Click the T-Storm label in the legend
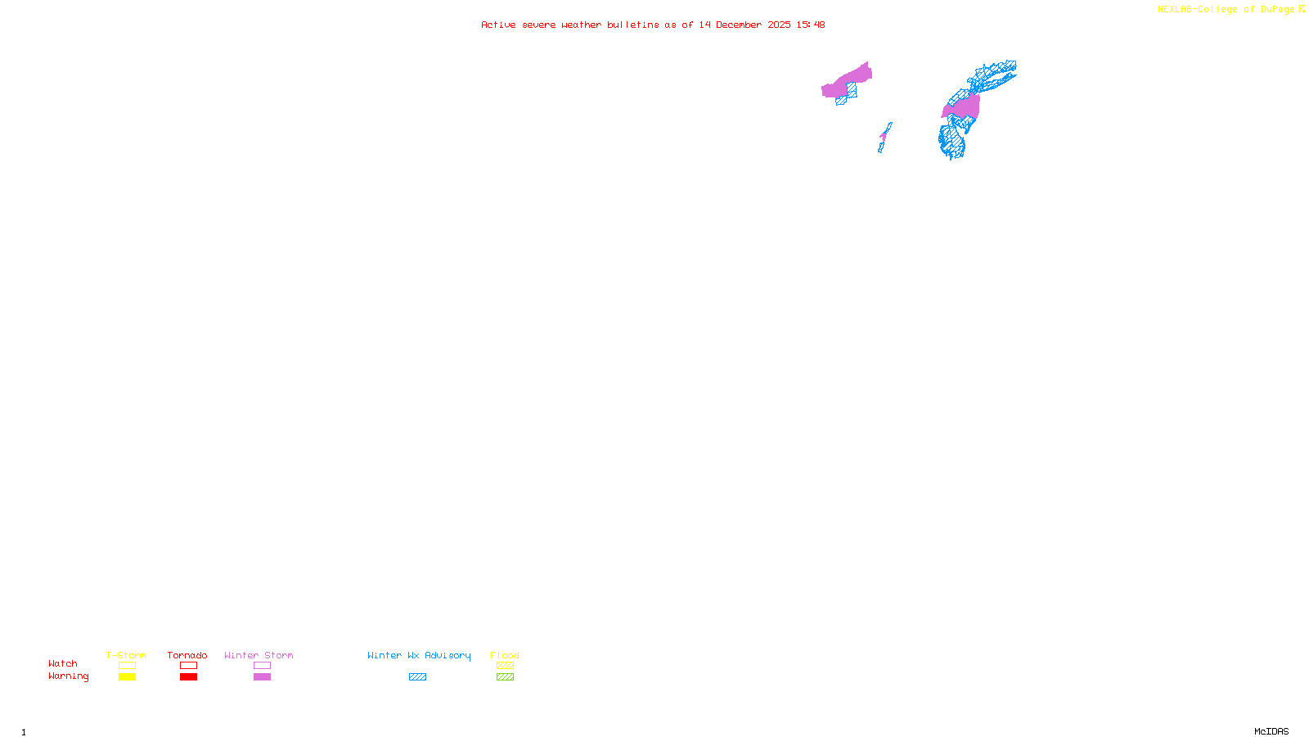coord(126,655)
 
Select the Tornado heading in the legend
coord(187,655)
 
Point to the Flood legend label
coord(505,655)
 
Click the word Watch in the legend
coord(63,663)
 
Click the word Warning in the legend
coord(69,676)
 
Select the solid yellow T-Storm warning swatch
coord(127,677)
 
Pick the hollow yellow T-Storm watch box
coord(127,666)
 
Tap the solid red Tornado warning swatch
coord(189,677)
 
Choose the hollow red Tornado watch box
coord(189,666)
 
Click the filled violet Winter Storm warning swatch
coord(262,677)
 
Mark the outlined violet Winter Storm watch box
coord(262,666)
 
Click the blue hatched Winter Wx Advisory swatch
coord(417,677)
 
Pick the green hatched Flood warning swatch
coord(506,677)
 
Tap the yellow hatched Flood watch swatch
coord(506,666)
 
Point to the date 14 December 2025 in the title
coord(744,25)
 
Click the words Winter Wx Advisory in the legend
coord(419,655)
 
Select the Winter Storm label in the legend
coord(259,655)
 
